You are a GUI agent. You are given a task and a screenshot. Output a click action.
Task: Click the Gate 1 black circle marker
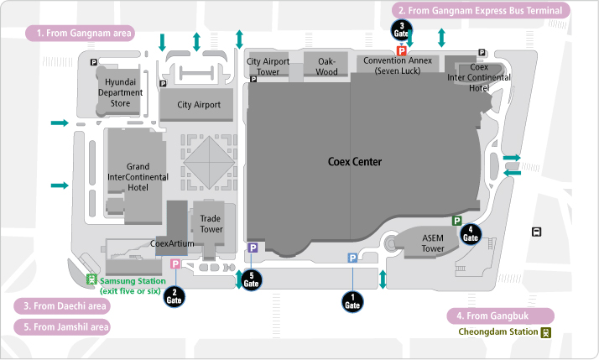(352, 300)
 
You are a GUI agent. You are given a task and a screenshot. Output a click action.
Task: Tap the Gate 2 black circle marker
(174, 294)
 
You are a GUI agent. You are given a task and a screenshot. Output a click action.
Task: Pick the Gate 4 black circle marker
(471, 234)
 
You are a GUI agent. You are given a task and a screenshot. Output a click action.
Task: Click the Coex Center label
(354, 162)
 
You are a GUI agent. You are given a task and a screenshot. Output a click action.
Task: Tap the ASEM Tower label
(433, 243)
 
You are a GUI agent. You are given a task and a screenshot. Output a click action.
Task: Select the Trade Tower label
(211, 223)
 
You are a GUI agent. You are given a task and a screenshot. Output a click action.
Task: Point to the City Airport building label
(199, 105)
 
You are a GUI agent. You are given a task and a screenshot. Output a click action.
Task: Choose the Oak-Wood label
(326, 66)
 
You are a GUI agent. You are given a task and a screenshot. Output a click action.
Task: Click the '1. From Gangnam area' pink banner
(81, 34)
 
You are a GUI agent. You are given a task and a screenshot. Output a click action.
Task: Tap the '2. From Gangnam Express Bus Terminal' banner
(481, 10)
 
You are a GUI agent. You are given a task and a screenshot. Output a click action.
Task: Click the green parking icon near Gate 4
(457, 221)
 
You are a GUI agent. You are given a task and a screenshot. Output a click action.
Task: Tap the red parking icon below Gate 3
(402, 51)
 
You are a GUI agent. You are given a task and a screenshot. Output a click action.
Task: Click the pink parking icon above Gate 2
(175, 264)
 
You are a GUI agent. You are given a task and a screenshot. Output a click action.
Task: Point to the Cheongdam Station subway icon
(545, 332)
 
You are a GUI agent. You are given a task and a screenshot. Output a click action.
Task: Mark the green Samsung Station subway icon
(92, 280)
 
